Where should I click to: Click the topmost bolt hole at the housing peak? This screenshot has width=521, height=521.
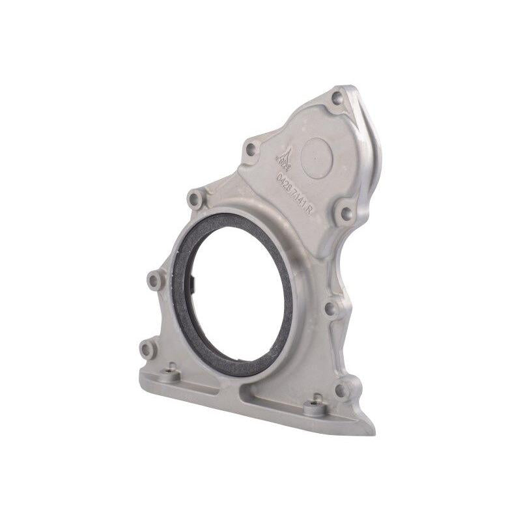pyautogui.click(x=337, y=98)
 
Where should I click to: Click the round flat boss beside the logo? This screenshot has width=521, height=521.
pyautogui.click(x=317, y=158)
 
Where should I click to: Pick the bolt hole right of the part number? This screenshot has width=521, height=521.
pyautogui.click(x=345, y=212)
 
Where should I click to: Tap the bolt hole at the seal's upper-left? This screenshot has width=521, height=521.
pyautogui.click(x=195, y=199)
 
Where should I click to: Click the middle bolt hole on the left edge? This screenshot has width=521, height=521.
pyautogui.click(x=154, y=281)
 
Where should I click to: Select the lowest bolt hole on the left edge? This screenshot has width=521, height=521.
pyautogui.click(x=147, y=349)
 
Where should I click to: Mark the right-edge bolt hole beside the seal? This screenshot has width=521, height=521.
pyautogui.click(x=330, y=309)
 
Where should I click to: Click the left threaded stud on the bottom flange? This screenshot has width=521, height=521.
pyautogui.click(x=171, y=373)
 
